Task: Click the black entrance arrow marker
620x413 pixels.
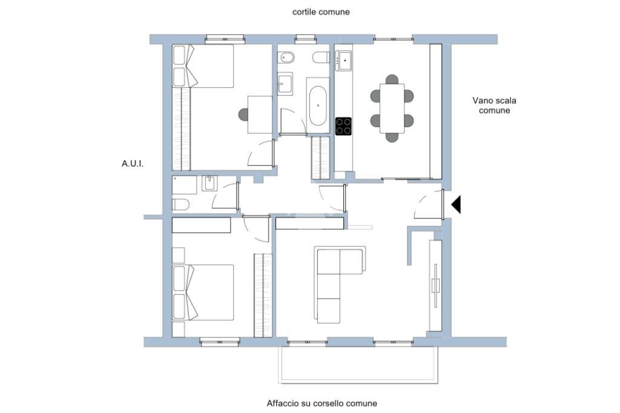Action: [457, 205]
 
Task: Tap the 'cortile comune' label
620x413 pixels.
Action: [321, 12]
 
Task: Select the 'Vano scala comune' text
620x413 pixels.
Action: [494, 105]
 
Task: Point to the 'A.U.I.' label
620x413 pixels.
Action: [133, 164]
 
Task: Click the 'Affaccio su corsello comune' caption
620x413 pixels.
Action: [322, 403]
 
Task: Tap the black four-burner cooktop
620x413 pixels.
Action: [343, 126]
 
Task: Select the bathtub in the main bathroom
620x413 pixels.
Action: [318, 105]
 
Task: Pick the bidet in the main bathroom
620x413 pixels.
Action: [286, 58]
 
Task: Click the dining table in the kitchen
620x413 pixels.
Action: [392, 108]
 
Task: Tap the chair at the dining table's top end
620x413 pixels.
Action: [392, 79]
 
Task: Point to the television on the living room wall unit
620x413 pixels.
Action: [435, 285]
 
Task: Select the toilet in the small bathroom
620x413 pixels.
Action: [180, 205]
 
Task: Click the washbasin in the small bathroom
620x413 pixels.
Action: [209, 183]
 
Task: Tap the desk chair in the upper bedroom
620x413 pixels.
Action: [243, 115]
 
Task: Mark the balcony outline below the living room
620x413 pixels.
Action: [358, 383]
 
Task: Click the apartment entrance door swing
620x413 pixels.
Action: [428, 204]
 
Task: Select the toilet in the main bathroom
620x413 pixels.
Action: [321, 58]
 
